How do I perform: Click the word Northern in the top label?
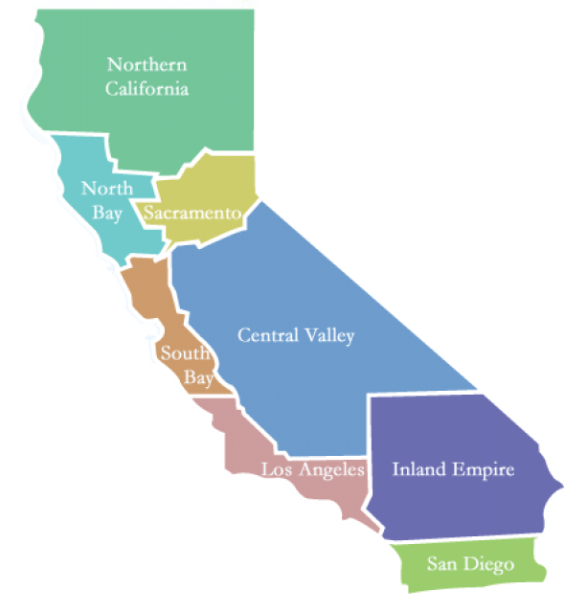(x=147, y=65)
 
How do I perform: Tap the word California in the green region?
(x=147, y=89)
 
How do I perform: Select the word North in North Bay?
(x=106, y=189)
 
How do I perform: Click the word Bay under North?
(x=109, y=213)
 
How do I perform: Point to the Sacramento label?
(x=192, y=213)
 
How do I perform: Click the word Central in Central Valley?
(x=266, y=335)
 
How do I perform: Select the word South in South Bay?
(x=184, y=353)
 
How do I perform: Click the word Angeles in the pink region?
(x=329, y=469)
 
